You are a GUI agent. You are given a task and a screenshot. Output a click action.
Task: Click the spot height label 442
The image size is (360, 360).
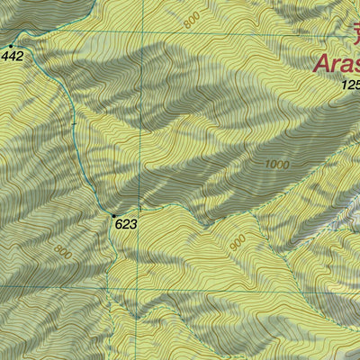13,56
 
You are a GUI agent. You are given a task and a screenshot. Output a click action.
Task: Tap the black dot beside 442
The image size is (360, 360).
11,45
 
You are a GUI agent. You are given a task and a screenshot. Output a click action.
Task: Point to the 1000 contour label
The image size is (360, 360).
278,165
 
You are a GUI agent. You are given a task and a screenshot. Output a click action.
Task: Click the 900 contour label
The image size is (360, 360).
237,243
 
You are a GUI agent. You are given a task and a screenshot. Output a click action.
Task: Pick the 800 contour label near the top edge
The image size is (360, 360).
189,20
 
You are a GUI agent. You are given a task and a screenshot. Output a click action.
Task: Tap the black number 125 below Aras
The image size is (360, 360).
350,85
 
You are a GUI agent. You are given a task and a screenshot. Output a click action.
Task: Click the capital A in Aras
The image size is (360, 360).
321,63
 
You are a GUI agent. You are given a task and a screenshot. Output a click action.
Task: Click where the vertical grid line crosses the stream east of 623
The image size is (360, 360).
139,209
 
